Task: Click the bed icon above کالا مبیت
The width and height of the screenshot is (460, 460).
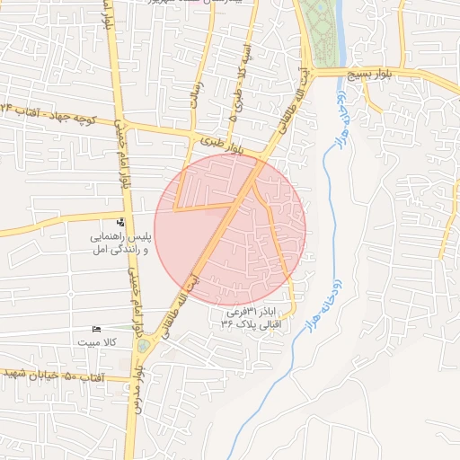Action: [x=97, y=330]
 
